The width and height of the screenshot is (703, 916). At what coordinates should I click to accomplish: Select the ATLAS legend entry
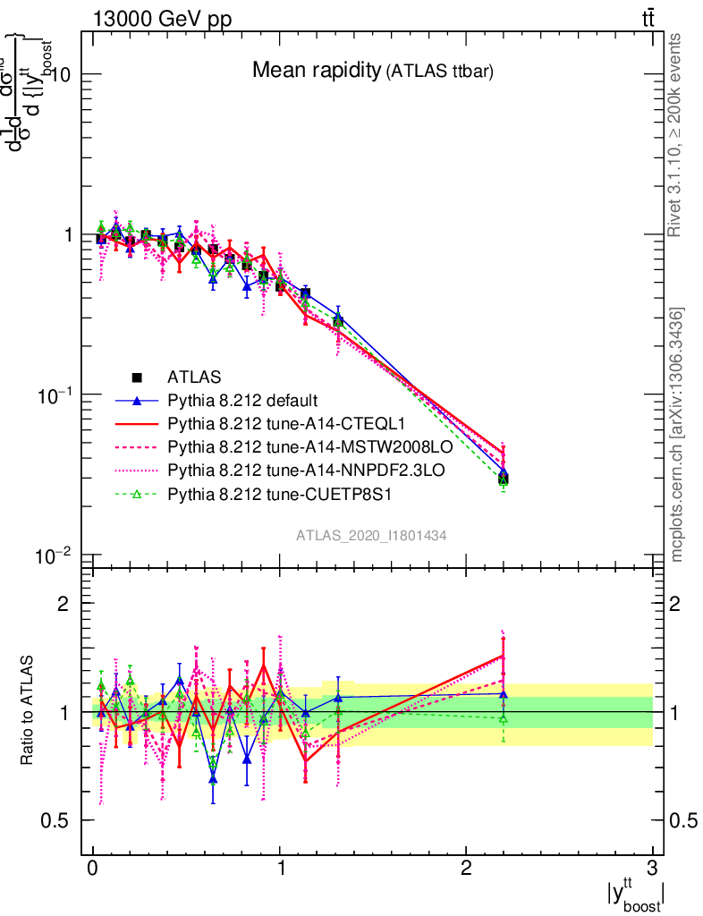[194, 377]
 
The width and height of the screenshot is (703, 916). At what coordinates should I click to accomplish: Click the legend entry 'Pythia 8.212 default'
[242, 400]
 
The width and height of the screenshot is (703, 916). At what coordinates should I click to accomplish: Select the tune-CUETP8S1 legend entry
[266, 493]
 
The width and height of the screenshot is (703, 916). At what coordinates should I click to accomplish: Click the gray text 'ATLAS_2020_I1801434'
[371, 535]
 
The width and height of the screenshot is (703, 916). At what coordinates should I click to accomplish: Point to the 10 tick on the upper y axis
[59, 75]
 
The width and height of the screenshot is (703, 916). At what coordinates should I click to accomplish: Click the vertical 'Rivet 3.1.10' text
[676, 135]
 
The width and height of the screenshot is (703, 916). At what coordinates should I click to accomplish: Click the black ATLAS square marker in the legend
[137, 377]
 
